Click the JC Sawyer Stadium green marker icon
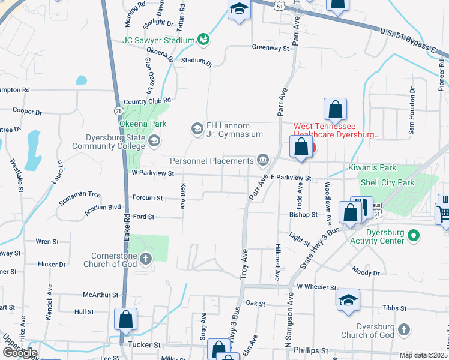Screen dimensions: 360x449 [204, 40]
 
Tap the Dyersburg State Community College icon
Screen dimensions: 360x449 [154, 141]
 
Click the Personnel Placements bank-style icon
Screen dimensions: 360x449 [263, 160]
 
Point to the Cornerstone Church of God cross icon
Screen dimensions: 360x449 [146, 259]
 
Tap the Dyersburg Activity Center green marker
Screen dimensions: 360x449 [413, 235]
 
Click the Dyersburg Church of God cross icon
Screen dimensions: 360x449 [404, 329]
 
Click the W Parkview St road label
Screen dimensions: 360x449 [152, 173]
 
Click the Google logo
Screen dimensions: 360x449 [20, 352]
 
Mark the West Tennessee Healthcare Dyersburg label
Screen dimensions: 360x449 [336, 131]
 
